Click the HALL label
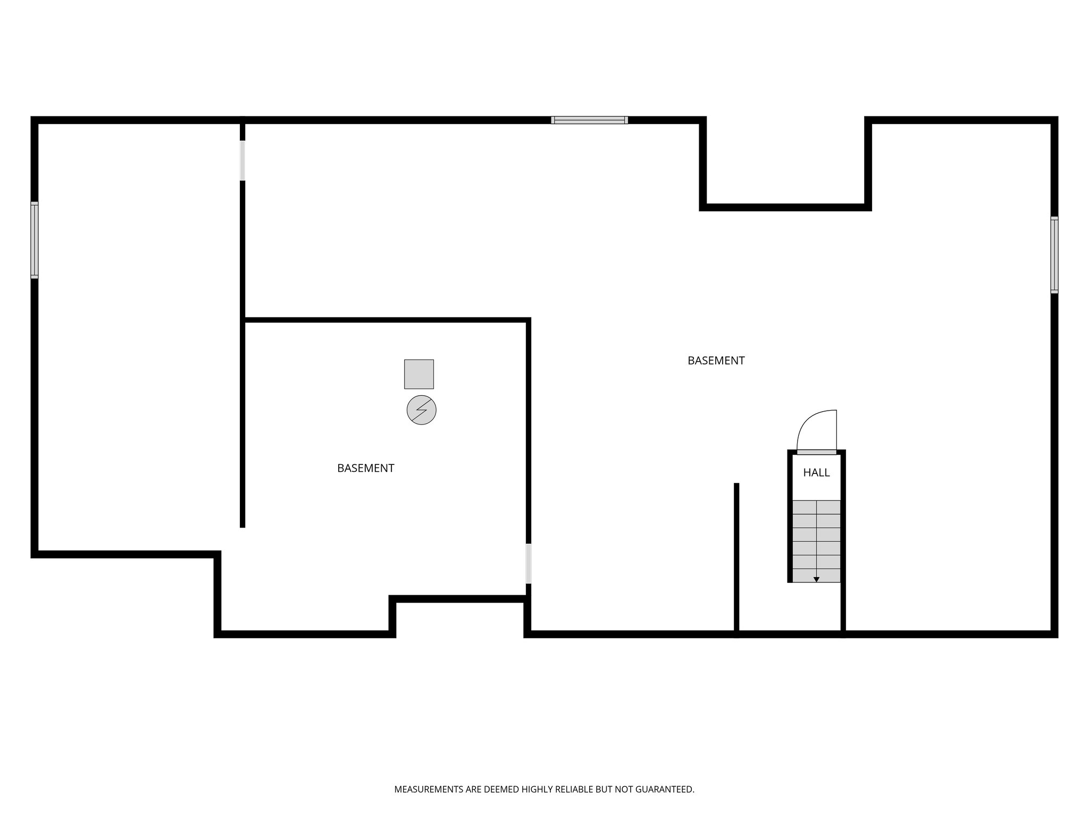coord(816,472)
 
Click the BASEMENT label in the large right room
coord(716,361)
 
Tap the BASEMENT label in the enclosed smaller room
coord(365,468)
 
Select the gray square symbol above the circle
coord(418,374)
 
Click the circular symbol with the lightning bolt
coord(421,410)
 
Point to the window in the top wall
coord(589,120)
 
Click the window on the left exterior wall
coord(35,240)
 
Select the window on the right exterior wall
coord(1054,255)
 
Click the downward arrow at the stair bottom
coord(816,579)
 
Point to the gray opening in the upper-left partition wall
coord(242,160)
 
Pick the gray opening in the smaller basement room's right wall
coord(528,563)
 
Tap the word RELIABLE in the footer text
coord(574,789)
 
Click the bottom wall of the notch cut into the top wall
coord(785,207)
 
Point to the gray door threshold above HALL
coord(816,452)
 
